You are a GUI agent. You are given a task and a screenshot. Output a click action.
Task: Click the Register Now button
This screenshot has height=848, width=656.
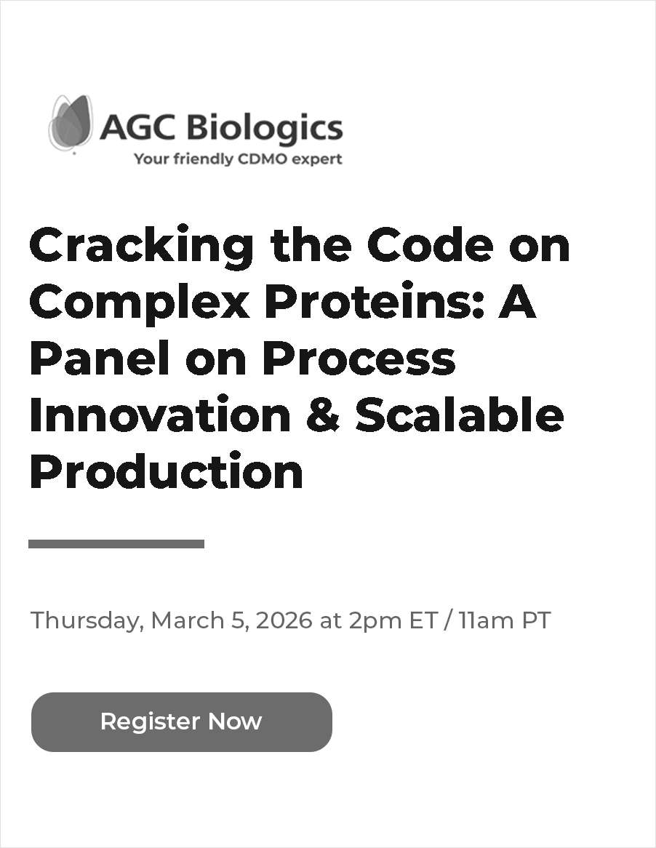pos(181,721)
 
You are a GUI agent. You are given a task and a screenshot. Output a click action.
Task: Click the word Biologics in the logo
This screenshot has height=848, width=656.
pos(265,129)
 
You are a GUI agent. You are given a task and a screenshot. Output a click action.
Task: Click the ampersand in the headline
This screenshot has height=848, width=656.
pos(323,415)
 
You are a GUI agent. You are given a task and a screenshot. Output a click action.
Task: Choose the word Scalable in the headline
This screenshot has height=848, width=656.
pos(459,415)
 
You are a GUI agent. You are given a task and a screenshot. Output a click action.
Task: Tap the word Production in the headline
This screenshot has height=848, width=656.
pos(166,471)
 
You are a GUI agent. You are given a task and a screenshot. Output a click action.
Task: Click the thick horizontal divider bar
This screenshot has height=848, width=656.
pos(116,544)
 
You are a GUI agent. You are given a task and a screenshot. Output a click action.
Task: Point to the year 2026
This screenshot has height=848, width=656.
pos(284,620)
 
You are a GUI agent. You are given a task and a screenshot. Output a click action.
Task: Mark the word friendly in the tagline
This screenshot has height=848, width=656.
pos(199,159)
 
